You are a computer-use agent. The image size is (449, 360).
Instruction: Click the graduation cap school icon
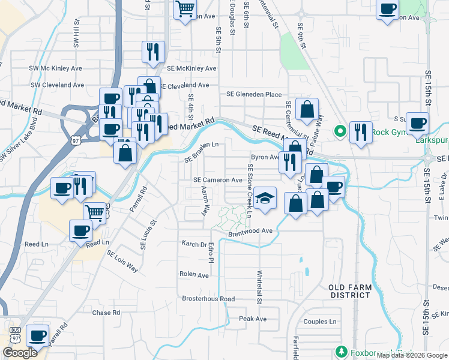pyautogui.click(x=264, y=198)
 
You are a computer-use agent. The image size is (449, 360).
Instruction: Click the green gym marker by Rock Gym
pyautogui.click(x=340, y=130)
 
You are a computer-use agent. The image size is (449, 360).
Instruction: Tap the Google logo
pyautogui.click(x=20, y=353)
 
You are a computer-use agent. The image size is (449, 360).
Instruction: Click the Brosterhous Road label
pyautogui.click(x=208, y=298)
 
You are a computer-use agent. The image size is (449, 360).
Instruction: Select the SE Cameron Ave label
pyautogui.click(x=218, y=180)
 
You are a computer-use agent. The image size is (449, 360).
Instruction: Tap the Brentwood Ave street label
pyautogui.click(x=250, y=231)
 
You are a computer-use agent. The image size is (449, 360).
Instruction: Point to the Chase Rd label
pyautogui.click(x=106, y=313)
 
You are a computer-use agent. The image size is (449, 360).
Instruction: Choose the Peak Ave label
pyautogui.click(x=253, y=319)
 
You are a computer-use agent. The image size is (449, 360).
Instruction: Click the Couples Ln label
pyautogui.click(x=320, y=322)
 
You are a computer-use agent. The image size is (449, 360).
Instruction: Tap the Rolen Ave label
pyautogui.click(x=194, y=275)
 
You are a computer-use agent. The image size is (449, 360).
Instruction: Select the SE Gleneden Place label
pyautogui.click(x=254, y=94)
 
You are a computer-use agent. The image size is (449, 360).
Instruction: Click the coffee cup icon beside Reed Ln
pyautogui.click(x=81, y=230)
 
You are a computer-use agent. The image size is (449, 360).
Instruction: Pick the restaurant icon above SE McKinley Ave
pyautogui.click(x=153, y=52)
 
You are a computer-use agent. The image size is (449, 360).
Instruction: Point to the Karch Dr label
pyautogui.click(x=194, y=244)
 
